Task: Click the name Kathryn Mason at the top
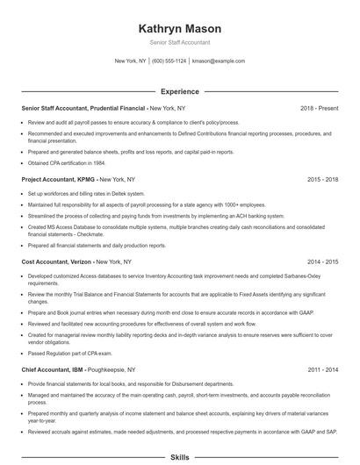pos(179,28)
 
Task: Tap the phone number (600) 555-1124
pos(169,61)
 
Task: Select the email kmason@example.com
pos(218,61)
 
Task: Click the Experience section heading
pos(179,91)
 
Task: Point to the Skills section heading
pos(179,457)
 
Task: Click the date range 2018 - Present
pos(319,108)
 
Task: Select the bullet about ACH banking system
pos(156,215)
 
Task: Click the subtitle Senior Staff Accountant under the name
pos(179,42)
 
